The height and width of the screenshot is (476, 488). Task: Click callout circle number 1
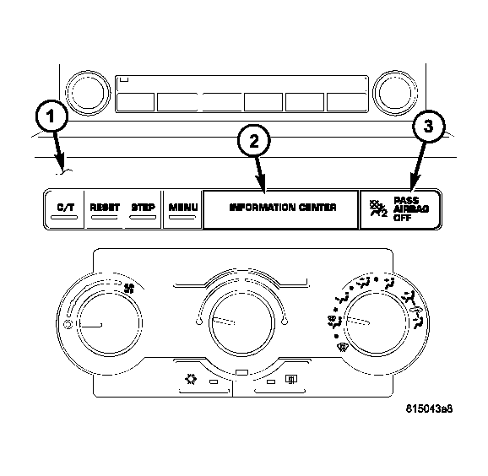52,116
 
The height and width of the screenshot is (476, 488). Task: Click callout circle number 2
254,141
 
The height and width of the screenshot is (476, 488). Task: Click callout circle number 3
429,127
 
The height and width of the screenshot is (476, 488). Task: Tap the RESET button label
105,208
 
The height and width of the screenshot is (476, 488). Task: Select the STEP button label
144,208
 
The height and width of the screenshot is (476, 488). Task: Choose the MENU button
183,209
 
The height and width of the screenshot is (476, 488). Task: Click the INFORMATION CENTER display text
283,208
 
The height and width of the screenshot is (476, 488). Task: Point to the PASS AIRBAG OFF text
411,208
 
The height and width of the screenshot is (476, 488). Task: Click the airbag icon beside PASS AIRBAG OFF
378,208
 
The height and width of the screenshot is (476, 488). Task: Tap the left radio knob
88,93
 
